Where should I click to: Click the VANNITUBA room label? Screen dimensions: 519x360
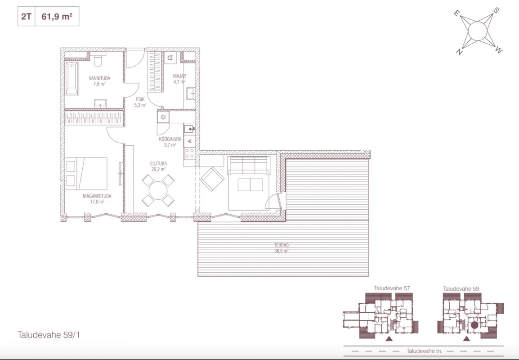click(99, 78)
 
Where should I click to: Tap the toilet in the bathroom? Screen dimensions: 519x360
click(98, 60)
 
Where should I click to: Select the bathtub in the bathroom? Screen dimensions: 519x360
click(72, 78)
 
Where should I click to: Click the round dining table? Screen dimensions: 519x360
click(158, 190)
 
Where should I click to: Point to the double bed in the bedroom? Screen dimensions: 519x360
click(86, 173)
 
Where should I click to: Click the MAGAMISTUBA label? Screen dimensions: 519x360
click(97, 196)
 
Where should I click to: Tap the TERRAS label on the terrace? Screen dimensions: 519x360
click(282, 245)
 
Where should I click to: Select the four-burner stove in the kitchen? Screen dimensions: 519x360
click(190, 153)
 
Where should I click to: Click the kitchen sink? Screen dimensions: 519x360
click(189, 129)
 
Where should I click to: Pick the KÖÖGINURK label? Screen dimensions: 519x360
click(170, 139)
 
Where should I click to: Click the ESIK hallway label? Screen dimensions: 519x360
click(140, 99)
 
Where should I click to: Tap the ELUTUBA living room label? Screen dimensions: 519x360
click(159, 164)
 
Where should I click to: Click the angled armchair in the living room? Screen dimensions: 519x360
click(212, 179)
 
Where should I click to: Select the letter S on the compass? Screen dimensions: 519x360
click(496, 10)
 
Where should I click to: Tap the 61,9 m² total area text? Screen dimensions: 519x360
click(57, 16)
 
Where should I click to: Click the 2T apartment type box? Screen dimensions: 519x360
click(26, 16)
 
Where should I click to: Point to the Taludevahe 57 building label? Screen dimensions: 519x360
click(392, 288)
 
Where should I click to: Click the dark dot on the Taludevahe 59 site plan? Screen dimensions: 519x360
click(474, 325)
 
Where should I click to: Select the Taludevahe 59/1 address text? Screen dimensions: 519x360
click(49, 335)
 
